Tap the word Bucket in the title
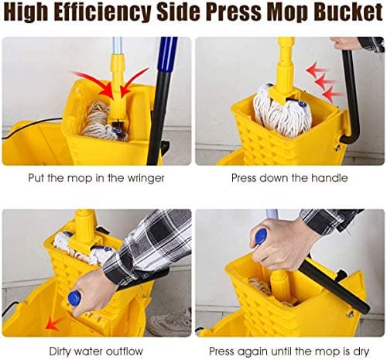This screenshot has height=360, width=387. pos(345,13)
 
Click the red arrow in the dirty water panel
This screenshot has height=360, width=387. pos(53,321)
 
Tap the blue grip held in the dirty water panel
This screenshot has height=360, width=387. pos(75,298)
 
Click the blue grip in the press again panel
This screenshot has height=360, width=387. pos(261,235)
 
